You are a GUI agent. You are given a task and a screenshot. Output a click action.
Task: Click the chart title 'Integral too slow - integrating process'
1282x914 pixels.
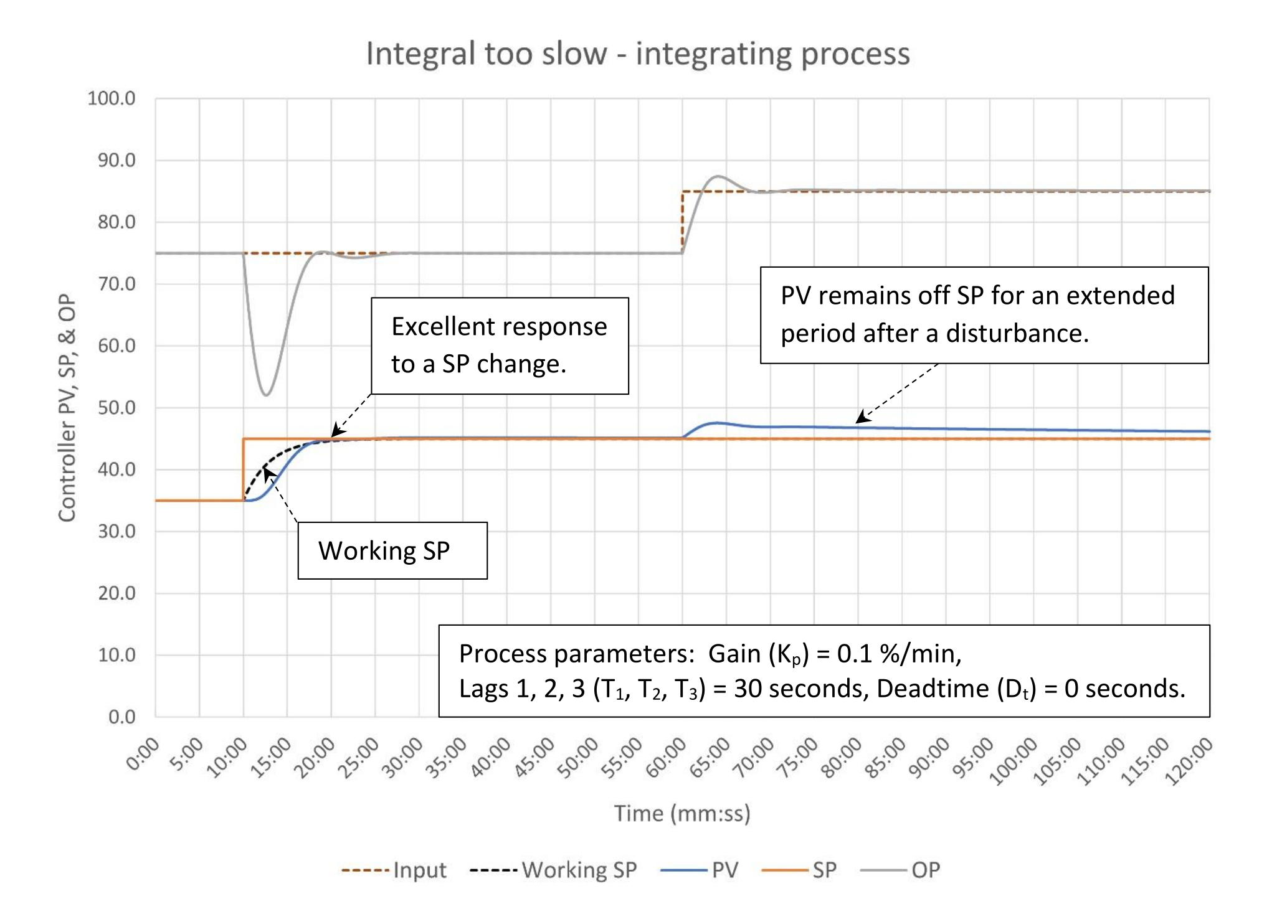637,54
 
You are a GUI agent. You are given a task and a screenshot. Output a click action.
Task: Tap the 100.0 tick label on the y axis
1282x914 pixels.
112,98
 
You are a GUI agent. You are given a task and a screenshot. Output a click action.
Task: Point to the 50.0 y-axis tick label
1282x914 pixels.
116,408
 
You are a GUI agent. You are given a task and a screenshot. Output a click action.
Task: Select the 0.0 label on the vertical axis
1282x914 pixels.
121,717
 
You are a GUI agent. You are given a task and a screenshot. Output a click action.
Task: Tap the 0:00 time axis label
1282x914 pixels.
143,754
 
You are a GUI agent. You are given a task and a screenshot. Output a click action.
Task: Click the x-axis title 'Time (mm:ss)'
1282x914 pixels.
682,814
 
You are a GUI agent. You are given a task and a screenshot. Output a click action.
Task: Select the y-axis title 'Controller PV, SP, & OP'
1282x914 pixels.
67,408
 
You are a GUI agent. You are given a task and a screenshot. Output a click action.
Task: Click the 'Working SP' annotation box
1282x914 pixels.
392,550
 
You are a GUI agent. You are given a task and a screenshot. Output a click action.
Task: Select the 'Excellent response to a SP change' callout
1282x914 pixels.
500,346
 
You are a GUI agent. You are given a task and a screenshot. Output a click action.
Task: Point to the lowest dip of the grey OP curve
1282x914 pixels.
266,395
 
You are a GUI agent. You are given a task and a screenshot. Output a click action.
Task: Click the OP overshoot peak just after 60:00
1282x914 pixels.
718,176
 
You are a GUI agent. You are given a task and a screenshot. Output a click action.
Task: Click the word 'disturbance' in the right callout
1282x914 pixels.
1017,334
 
